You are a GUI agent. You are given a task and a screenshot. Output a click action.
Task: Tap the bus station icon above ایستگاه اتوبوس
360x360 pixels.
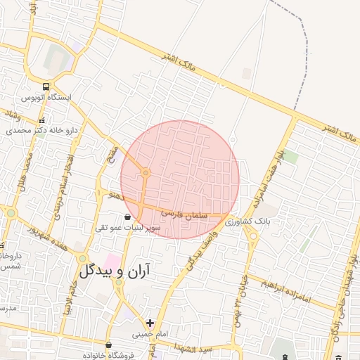(x=46, y=87)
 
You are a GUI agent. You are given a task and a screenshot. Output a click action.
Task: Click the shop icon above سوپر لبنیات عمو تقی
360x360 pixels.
(x=127, y=217)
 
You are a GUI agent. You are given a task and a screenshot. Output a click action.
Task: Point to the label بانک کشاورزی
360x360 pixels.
(x=253, y=221)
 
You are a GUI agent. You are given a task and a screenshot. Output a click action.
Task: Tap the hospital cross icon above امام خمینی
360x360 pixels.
(x=150, y=323)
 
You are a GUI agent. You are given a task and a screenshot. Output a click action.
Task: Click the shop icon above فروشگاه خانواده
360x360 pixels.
(x=108, y=344)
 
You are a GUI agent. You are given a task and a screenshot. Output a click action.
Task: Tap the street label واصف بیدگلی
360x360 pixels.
(x=204, y=250)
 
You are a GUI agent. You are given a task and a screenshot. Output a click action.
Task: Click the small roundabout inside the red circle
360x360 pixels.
(x=146, y=172)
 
